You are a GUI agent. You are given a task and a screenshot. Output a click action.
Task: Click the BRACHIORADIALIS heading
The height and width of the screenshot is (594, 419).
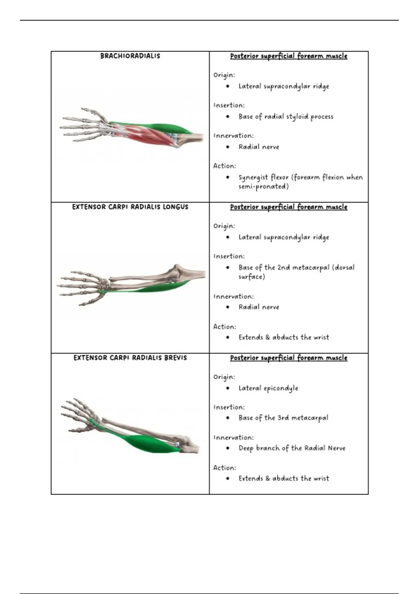pos(130,56)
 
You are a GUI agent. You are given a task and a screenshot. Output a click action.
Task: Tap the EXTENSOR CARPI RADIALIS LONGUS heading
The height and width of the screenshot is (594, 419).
pos(130,207)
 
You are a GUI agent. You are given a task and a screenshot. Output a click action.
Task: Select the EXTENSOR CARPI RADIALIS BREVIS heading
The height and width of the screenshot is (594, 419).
pos(130,358)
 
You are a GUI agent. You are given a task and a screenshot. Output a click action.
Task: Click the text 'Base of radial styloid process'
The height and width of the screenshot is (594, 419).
pos(286,117)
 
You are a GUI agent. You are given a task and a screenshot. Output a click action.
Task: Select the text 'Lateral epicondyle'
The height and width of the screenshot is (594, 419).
pos(268,388)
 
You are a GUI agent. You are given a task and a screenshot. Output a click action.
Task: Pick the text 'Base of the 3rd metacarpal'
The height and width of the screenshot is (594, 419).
pos(283,418)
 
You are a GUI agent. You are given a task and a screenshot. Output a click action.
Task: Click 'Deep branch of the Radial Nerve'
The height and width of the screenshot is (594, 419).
pos(292,448)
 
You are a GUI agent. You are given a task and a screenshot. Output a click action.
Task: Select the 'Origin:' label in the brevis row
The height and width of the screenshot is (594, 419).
pos(224,377)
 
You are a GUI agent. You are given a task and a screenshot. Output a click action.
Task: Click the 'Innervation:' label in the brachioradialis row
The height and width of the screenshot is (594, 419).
pos(234,136)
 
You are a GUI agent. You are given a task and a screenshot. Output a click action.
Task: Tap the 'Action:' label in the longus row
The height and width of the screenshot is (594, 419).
pos(225,327)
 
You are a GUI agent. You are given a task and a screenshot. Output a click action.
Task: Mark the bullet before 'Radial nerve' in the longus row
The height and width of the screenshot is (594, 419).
pos(228,307)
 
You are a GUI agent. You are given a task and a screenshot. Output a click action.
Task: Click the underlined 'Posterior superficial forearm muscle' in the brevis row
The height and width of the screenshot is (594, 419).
pos(289,358)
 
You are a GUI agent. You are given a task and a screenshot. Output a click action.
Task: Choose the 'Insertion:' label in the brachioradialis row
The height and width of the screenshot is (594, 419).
pos(229,106)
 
